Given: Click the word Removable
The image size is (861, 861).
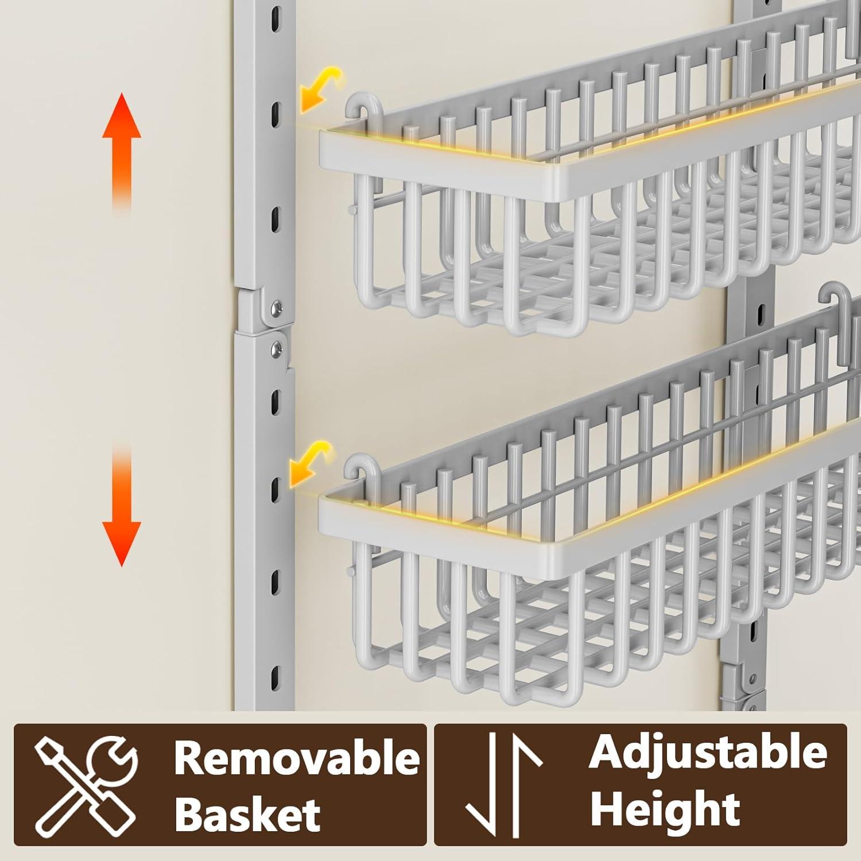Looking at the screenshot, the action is (x=297, y=758).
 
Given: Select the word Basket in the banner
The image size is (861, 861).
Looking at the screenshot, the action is (x=247, y=814).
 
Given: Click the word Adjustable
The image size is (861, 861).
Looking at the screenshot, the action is (x=708, y=753).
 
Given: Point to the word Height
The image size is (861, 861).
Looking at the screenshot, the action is (x=665, y=809).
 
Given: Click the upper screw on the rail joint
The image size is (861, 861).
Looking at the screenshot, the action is (x=278, y=306).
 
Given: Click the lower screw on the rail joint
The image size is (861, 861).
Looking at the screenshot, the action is (x=278, y=346).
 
